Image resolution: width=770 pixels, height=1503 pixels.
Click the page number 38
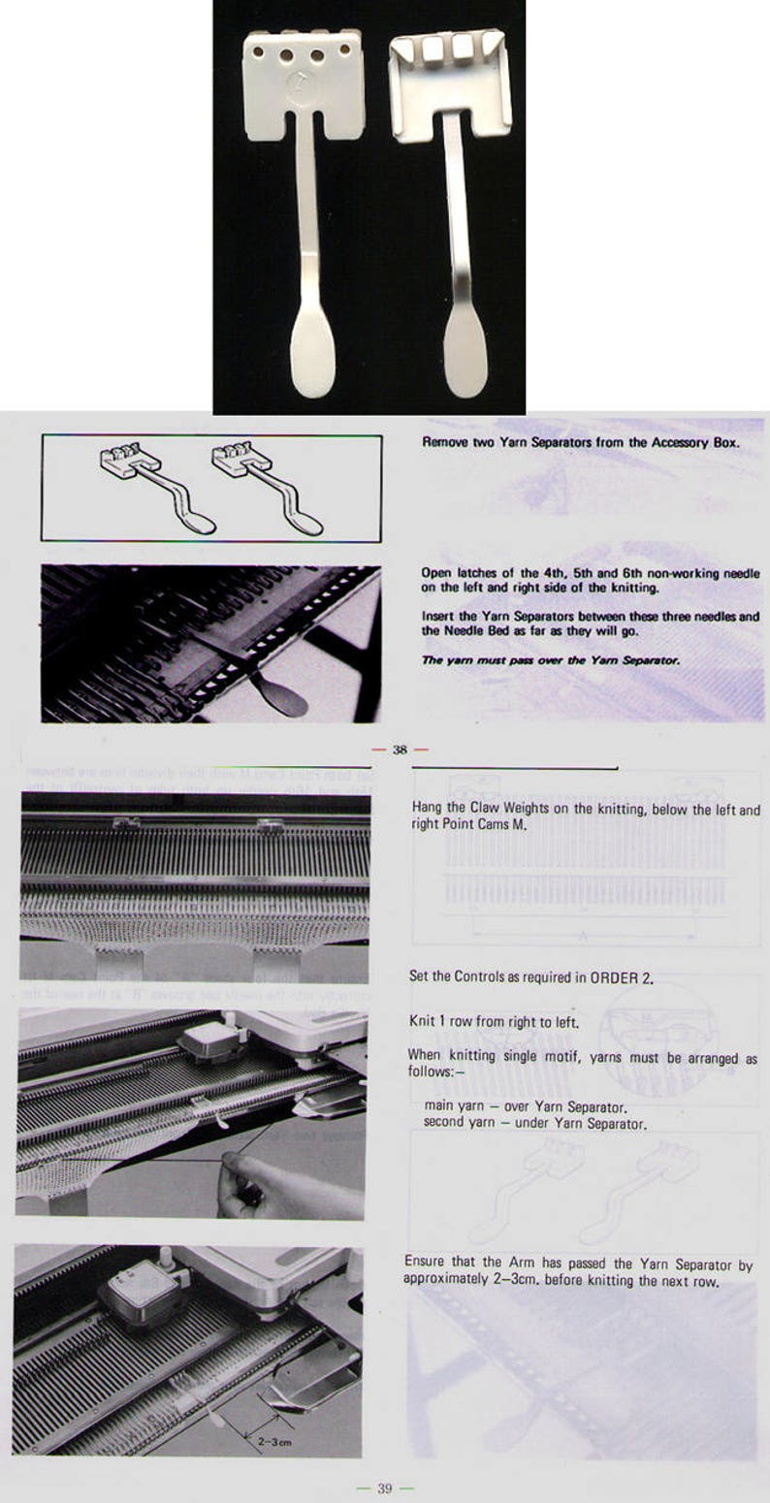pyautogui.click(x=400, y=750)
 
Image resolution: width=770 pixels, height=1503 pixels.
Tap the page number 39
pyautogui.click(x=384, y=1488)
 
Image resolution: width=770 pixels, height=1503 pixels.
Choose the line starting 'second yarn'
pyautogui.click(x=535, y=1123)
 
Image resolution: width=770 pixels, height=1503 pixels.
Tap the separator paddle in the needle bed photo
pyautogui.click(x=276, y=695)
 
